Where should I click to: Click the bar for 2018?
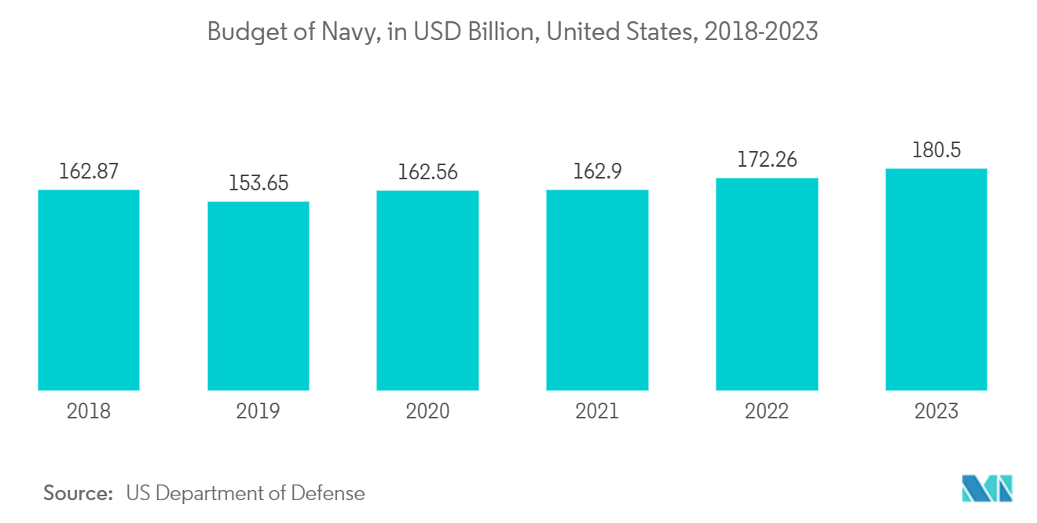pyautogui.click(x=89, y=290)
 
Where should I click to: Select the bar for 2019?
pyautogui.click(x=258, y=296)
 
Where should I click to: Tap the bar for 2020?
pyautogui.click(x=427, y=290)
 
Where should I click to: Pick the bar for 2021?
pyautogui.click(x=597, y=290)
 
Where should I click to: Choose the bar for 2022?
pyautogui.click(x=767, y=284)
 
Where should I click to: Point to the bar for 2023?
pyautogui.click(x=936, y=279)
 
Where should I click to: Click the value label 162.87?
pyautogui.click(x=89, y=171)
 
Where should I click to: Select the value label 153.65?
pyautogui.click(x=258, y=183)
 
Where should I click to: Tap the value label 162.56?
pyautogui.click(x=427, y=171)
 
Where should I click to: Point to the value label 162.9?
pyautogui.click(x=597, y=171)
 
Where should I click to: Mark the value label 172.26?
pyautogui.click(x=767, y=160)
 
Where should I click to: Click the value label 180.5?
pyautogui.click(x=936, y=150)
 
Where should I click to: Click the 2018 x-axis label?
pyautogui.click(x=89, y=411)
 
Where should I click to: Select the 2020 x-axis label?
pyautogui.click(x=427, y=411)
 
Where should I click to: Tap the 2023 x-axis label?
pyautogui.click(x=936, y=411)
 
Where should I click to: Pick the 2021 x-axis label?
pyautogui.click(x=597, y=411)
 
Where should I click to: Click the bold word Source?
pyautogui.click(x=79, y=493)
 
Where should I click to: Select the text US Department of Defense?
pyautogui.click(x=245, y=493)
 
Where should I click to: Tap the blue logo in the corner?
pyautogui.click(x=987, y=488)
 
